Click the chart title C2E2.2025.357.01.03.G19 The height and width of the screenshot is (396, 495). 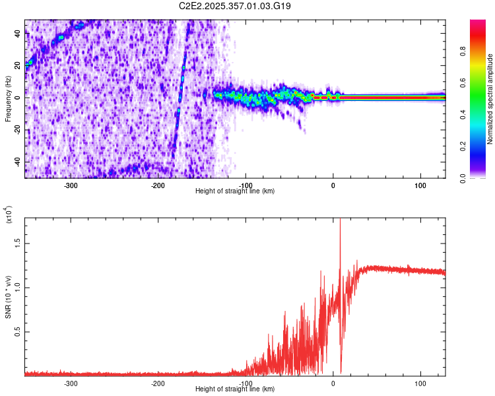[236, 6]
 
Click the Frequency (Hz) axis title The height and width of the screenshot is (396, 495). [8, 99]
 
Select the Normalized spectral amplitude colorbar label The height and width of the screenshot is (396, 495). [490, 99]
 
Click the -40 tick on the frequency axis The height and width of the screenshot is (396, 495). [15, 162]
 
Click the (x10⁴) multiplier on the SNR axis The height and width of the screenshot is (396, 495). [9, 214]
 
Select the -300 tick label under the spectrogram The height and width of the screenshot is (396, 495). [71, 185]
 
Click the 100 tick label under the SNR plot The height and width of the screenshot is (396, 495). [420, 383]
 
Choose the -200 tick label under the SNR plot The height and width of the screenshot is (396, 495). [158, 383]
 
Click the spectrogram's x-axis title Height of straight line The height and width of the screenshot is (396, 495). [235, 191]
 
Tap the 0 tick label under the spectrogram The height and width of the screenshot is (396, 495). [333, 185]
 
